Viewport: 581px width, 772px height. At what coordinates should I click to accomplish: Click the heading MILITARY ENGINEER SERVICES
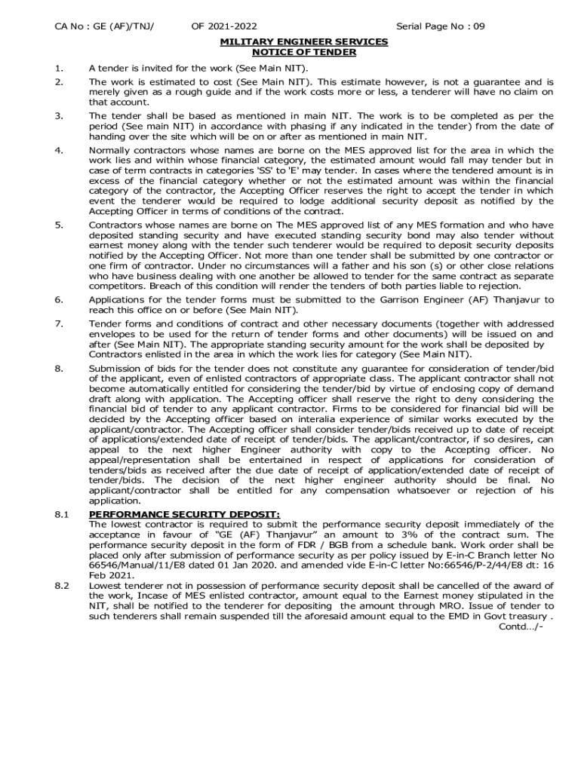coord(304,41)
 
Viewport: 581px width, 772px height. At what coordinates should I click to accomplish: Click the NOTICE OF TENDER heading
coord(304,52)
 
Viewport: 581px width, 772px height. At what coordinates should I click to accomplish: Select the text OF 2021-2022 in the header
coord(223,27)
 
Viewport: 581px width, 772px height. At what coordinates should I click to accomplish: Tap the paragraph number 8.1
coord(62,515)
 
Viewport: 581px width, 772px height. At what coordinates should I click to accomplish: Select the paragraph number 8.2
coord(62,585)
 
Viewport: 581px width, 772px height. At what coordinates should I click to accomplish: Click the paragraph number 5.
coord(58,225)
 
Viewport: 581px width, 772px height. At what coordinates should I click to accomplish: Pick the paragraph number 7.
coord(58,323)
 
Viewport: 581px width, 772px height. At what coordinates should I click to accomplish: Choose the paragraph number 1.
coord(58,68)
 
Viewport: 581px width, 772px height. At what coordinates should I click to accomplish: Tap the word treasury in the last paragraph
coord(529,616)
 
